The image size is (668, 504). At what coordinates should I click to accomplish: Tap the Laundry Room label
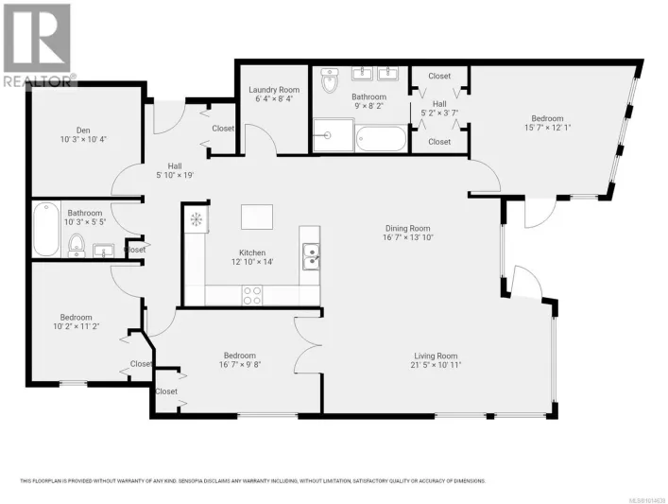point(273,90)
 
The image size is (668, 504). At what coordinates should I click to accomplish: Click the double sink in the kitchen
point(310,252)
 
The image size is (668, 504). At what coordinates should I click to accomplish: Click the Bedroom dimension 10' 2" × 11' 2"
point(77,327)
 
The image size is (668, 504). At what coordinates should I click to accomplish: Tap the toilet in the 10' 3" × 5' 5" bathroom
point(77,249)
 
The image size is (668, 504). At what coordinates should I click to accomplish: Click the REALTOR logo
point(37,43)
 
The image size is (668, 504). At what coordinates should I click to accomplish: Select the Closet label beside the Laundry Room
point(223,129)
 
